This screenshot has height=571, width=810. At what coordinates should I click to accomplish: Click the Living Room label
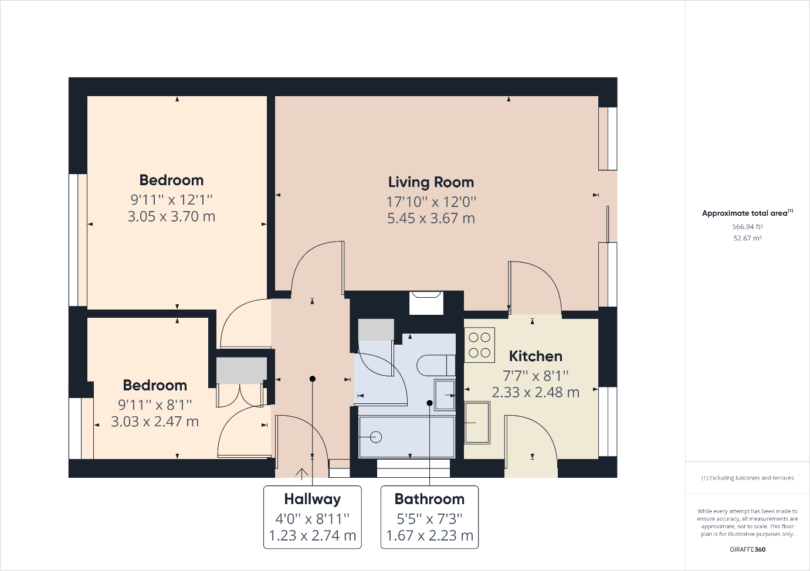click(x=431, y=182)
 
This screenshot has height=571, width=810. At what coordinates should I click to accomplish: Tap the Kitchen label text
click(x=536, y=356)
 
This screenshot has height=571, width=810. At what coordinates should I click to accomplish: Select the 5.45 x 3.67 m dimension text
click(x=431, y=218)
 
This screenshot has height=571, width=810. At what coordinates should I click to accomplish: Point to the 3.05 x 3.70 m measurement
click(x=171, y=216)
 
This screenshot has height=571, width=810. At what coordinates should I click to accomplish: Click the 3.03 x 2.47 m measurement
click(x=155, y=422)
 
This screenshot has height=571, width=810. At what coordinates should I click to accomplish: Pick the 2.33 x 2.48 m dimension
click(x=536, y=392)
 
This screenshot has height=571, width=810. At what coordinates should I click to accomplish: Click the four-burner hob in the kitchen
click(x=480, y=345)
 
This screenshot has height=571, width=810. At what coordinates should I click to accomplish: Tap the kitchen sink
click(x=477, y=423)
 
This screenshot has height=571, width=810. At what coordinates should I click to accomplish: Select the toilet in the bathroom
click(x=436, y=365)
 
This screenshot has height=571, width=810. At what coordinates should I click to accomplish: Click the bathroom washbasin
click(x=445, y=395)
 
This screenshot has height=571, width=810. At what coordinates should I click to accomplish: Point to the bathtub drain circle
click(x=376, y=437)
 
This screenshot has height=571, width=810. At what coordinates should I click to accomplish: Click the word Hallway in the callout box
click(x=313, y=499)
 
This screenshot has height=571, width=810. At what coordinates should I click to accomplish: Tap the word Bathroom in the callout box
click(x=429, y=499)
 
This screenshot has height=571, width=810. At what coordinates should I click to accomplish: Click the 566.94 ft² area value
click(x=747, y=227)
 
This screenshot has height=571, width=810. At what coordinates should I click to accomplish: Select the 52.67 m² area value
click(x=747, y=238)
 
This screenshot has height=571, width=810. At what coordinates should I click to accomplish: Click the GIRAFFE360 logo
click(x=747, y=549)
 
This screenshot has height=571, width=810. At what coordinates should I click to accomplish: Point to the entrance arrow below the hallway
click(x=301, y=474)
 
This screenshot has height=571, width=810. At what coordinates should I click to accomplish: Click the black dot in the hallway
click(x=313, y=379)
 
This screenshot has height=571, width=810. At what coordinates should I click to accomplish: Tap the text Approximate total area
click(x=744, y=213)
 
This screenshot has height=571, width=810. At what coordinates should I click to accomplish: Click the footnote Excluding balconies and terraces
click(x=747, y=478)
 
